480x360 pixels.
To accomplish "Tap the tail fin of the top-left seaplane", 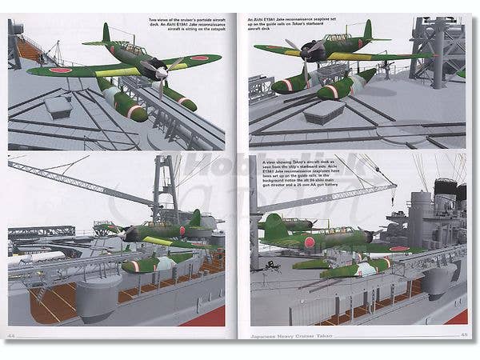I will click(x=106, y=34).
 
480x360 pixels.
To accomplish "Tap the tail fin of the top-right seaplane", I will click(x=367, y=31).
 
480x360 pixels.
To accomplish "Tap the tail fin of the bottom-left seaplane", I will click(x=194, y=218).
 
